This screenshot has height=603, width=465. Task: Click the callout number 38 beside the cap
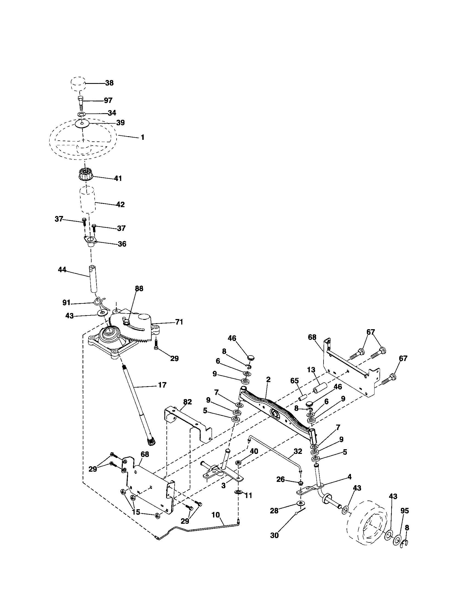pos(109,83)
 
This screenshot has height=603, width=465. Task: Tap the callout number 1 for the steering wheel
pos(143,137)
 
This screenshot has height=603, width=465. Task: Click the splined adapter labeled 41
pos(85,175)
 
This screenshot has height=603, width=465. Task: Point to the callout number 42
pos(121,204)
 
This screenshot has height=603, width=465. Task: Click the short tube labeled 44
pos(93,279)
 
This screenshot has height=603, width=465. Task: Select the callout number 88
pos(139,289)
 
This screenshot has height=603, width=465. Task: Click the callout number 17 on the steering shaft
pos(162,385)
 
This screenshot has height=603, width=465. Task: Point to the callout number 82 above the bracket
pos(188,402)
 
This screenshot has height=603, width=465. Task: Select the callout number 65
pos(295,381)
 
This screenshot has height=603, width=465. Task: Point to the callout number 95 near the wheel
pos(404,511)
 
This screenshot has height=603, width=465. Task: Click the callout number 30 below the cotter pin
pos(274,535)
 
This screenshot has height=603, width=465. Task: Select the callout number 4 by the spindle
pos(350,477)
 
